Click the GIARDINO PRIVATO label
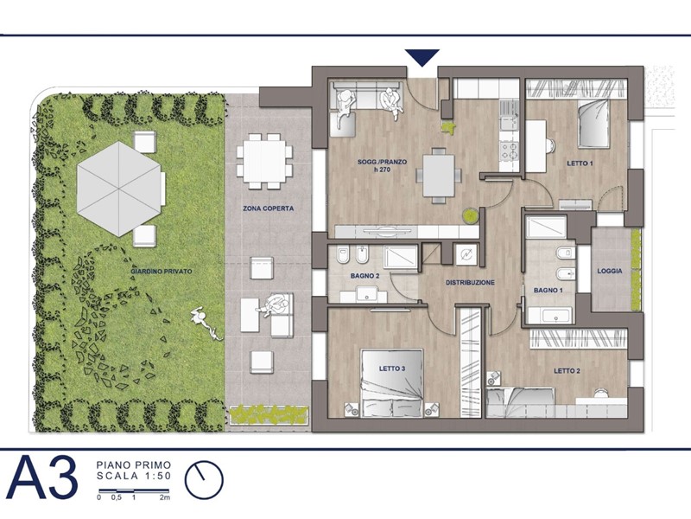click(162, 272)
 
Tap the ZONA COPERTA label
click(268, 208)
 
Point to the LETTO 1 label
click(580, 163)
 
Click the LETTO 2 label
click(567, 371)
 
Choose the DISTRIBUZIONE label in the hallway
click(470, 283)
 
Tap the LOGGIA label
click(610, 271)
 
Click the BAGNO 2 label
click(365, 276)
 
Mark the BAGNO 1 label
click(548, 291)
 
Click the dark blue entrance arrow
click(422, 57)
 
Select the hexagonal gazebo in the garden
click(118, 189)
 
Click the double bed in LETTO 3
click(392, 382)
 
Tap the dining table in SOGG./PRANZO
click(438, 176)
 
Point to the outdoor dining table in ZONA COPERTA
click(264, 161)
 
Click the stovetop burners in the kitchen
click(510, 151)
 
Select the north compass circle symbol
click(204, 480)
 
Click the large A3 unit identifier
click(42, 479)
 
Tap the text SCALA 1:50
click(134, 477)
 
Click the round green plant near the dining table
click(470, 215)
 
